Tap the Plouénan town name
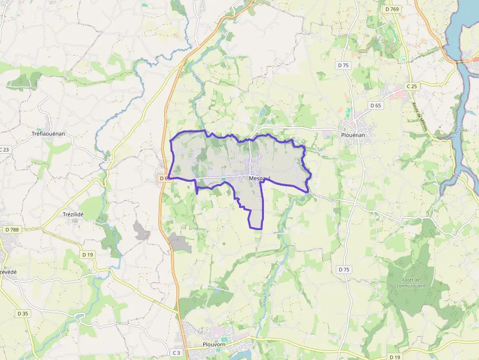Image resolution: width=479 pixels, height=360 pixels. tap(352, 135)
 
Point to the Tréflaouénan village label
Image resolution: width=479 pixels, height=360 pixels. tap(48, 133)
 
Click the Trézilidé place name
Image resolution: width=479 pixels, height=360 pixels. tap(74, 213)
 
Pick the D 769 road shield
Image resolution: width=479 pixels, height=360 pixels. tap(392, 9)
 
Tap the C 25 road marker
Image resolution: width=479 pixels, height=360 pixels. tap(412, 86)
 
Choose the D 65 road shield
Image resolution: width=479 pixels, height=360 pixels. tap(375, 106)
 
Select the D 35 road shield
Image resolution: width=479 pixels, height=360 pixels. tap(22, 313)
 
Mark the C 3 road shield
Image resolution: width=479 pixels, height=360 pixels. tap(176, 353)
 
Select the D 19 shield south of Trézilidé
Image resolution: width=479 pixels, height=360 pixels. tap(87, 254)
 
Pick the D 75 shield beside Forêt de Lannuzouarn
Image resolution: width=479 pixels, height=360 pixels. tap(344, 270)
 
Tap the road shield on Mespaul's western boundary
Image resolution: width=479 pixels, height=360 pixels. tap(164, 179)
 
